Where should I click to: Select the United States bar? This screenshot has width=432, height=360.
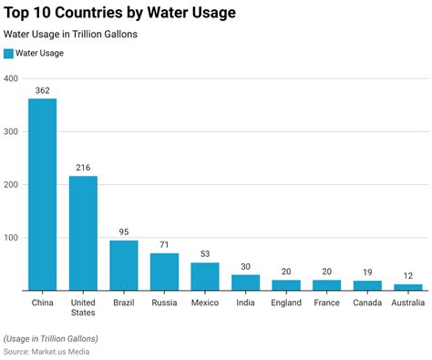pyautogui.click(x=83, y=233)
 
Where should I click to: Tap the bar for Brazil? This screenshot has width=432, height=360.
pyautogui.click(x=124, y=265)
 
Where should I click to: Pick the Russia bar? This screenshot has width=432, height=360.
pyautogui.click(x=164, y=272)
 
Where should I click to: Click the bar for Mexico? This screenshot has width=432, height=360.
pyautogui.click(x=205, y=276)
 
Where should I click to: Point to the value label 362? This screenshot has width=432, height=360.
pyautogui.click(x=42, y=90)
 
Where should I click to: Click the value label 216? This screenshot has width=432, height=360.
pyautogui.click(x=83, y=168)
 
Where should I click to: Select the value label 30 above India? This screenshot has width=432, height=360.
pyautogui.click(x=246, y=267)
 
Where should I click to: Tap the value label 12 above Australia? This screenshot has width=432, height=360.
pyautogui.click(x=408, y=276)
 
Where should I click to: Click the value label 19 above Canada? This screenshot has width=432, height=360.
pyautogui.click(x=367, y=273)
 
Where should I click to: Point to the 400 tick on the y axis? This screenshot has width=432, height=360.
pyautogui.click(x=11, y=78)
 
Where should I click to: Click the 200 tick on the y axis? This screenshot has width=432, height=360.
pyautogui.click(x=11, y=185)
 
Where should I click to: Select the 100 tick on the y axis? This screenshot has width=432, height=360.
pyautogui.click(x=11, y=238)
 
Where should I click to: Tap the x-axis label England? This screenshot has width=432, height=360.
pyautogui.click(x=286, y=302)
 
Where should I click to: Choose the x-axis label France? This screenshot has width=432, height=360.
pyautogui.click(x=327, y=302)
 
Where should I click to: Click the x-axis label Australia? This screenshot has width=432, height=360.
pyautogui.click(x=408, y=302)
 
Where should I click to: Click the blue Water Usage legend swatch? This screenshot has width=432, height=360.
pyautogui.click(x=8, y=54)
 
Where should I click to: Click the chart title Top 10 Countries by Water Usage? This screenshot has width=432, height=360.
pyautogui.click(x=119, y=13)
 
